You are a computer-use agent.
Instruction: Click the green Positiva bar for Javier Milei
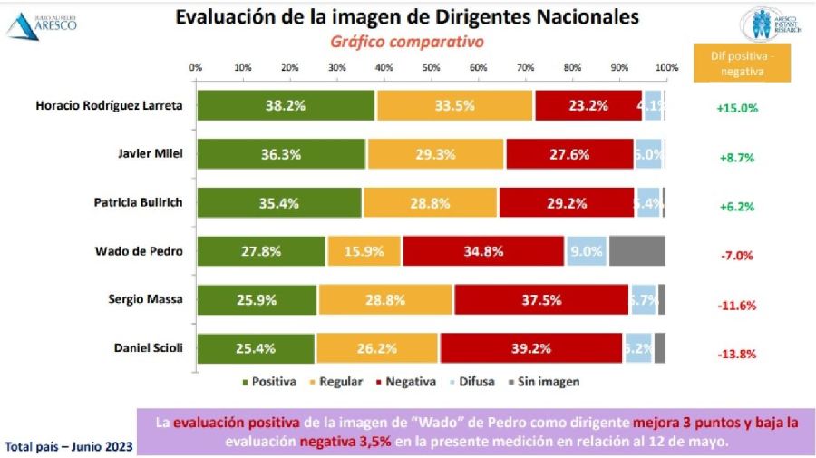click(x=281, y=153)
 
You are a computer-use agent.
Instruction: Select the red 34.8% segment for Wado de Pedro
click(x=483, y=251)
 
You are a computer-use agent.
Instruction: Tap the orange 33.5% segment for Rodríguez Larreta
click(x=455, y=105)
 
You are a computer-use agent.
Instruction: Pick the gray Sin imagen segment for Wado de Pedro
click(x=636, y=251)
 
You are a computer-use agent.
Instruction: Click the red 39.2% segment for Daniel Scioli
click(x=531, y=348)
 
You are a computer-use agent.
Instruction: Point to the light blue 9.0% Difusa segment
click(x=588, y=251)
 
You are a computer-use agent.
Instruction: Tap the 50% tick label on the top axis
click(x=432, y=68)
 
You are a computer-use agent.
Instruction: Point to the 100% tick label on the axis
click(x=666, y=68)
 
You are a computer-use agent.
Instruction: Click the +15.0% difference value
click(x=736, y=108)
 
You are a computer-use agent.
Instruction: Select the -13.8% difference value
click(x=735, y=353)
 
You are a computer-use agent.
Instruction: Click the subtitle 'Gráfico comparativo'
click(x=406, y=42)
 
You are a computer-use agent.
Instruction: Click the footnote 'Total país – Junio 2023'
click(x=70, y=446)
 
